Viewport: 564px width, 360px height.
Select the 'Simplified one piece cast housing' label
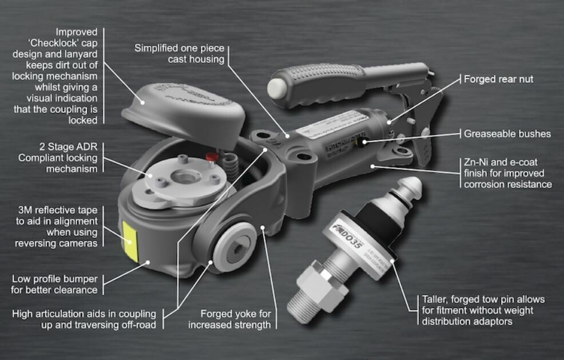pyautogui.click(x=180, y=54)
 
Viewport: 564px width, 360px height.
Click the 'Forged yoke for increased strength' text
pyautogui.click(x=235, y=319)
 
